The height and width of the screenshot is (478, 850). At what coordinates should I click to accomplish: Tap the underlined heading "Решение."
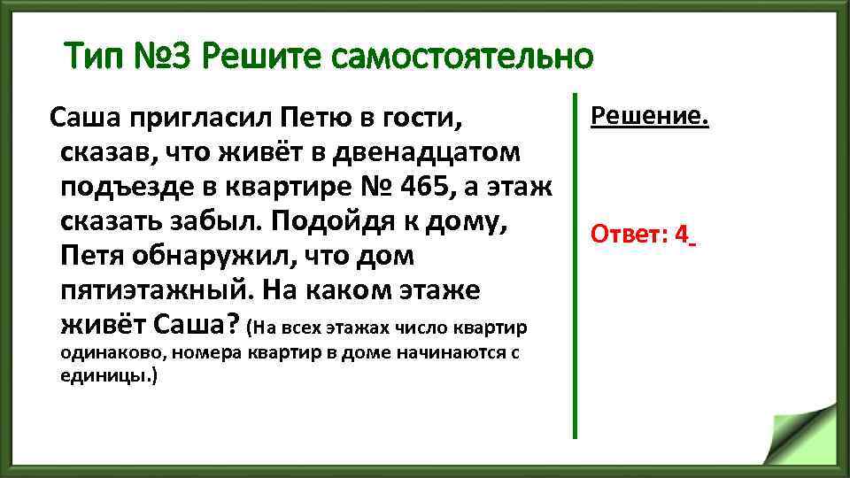(649, 116)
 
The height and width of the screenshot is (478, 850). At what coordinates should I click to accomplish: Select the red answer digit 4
(681, 235)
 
